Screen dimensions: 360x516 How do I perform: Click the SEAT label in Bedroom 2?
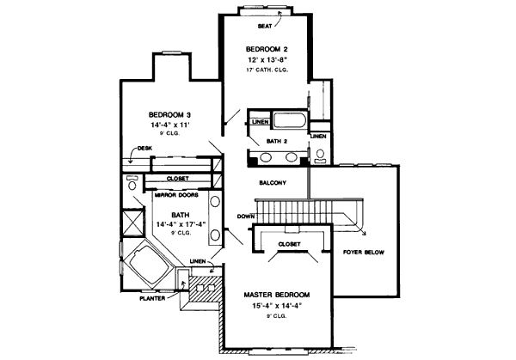point(265,26)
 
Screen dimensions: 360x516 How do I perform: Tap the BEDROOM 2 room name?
point(264,48)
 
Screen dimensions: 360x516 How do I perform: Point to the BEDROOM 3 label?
point(169,114)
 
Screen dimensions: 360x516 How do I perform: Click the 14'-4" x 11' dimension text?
point(169,125)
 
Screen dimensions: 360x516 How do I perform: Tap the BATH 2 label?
point(277,140)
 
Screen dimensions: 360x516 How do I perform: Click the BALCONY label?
point(273,182)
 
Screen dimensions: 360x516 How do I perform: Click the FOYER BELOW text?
point(364,253)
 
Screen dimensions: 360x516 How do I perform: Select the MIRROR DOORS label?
point(176,195)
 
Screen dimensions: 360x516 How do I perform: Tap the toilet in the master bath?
point(132,183)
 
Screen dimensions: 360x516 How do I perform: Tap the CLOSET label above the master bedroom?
point(289,244)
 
